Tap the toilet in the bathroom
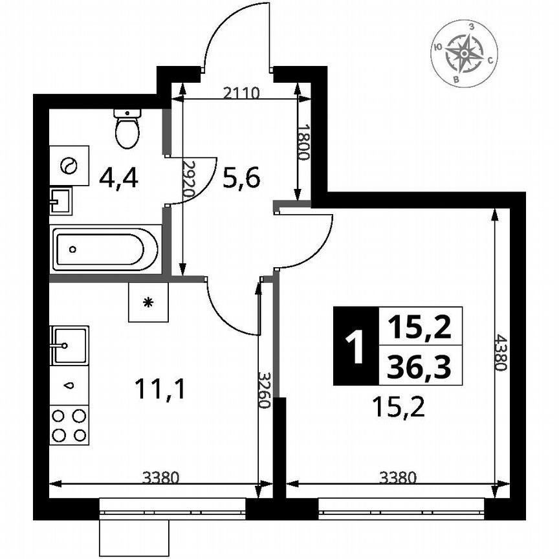coord(127,127)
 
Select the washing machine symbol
coord(69,166)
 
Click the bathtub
coord(105,248)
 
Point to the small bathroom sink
coord(61,201)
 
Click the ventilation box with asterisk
coord(148,302)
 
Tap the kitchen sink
coord(69,344)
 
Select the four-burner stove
coord(69,425)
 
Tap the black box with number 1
coord(354,346)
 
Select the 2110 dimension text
coord(241,92)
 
